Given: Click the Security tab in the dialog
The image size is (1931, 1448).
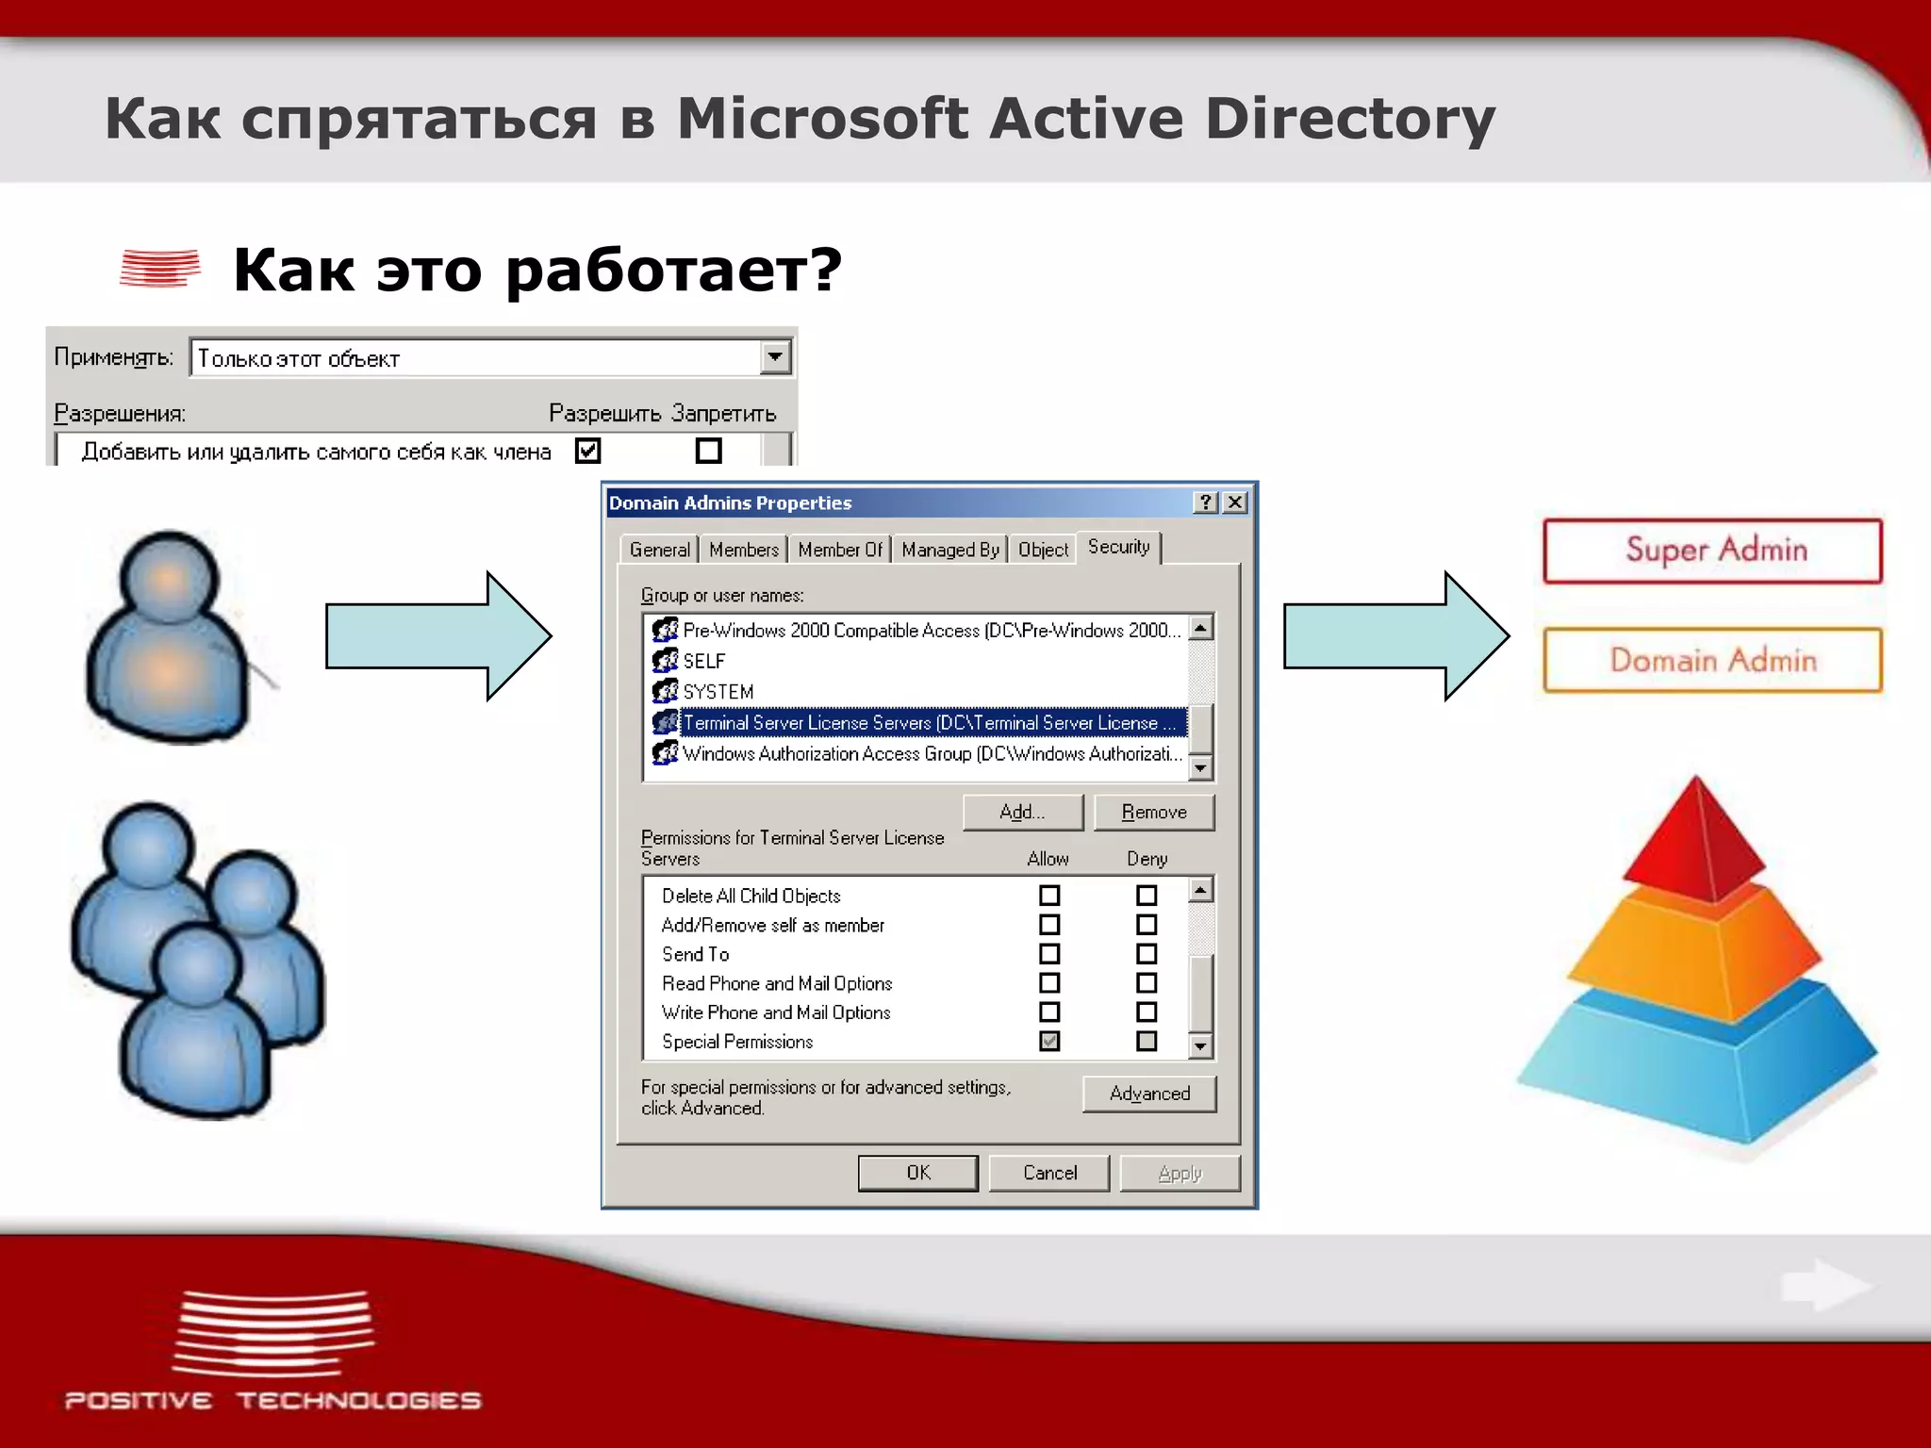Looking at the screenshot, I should click(x=1118, y=547).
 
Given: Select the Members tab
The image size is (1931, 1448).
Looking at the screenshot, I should click(x=744, y=550).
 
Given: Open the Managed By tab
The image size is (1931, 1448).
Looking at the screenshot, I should click(x=949, y=550).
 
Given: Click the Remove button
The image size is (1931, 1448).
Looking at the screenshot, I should click(x=1154, y=812).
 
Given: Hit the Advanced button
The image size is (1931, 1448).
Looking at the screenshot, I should click(x=1149, y=1094).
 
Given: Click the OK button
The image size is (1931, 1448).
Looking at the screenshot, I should click(x=917, y=1173).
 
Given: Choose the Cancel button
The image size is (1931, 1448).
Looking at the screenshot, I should click(x=1049, y=1173).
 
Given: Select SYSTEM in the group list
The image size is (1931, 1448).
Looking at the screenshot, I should click(x=718, y=692).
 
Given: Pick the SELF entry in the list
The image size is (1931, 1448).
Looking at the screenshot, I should click(x=703, y=661).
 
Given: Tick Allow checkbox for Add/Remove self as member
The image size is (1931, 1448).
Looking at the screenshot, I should click(x=1049, y=925).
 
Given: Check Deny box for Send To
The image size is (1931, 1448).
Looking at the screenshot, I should click(x=1147, y=954).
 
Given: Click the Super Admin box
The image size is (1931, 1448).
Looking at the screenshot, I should click(x=1712, y=551).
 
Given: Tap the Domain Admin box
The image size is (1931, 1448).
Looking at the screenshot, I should click(x=1712, y=660).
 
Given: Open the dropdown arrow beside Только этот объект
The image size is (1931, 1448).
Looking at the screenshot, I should click(x=775, y=357).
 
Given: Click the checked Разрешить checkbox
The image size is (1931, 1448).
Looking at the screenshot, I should click(x=588, y=451).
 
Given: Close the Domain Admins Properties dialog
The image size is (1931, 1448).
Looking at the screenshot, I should click(x=1234, y=502).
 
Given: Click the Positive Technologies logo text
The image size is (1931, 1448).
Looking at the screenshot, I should click(x=272, y=1400).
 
